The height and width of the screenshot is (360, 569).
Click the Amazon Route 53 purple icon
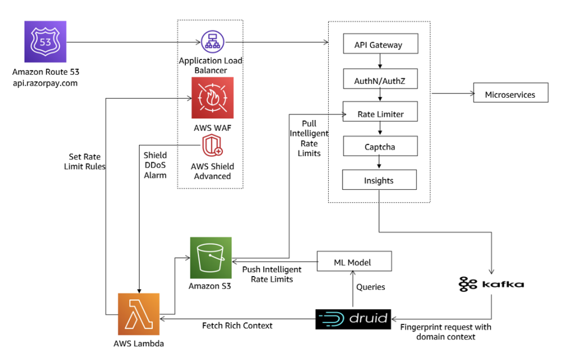(x=45, y=42)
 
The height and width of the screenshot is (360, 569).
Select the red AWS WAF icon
(x=213, y=98)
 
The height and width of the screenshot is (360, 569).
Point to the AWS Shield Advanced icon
(x=212, y=146)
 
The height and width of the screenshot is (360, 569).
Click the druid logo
(x=353, y=319)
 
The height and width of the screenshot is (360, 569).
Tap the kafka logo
(x=492, y=283)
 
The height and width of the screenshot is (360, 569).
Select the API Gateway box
(x=379, y=45)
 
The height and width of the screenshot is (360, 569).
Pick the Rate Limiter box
(x=380, y=114)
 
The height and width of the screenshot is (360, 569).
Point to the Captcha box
(x=380, y=147)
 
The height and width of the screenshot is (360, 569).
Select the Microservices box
(x=510, y=94)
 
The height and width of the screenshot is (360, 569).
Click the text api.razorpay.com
(x=45, y=83)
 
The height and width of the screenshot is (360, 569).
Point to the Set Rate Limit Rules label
(x=83, y=161)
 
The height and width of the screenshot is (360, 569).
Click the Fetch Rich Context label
(x=237, y=325)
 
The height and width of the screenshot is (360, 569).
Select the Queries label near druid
(x=371, y=287)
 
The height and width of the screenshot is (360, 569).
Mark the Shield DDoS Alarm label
(x=155, y=165)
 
